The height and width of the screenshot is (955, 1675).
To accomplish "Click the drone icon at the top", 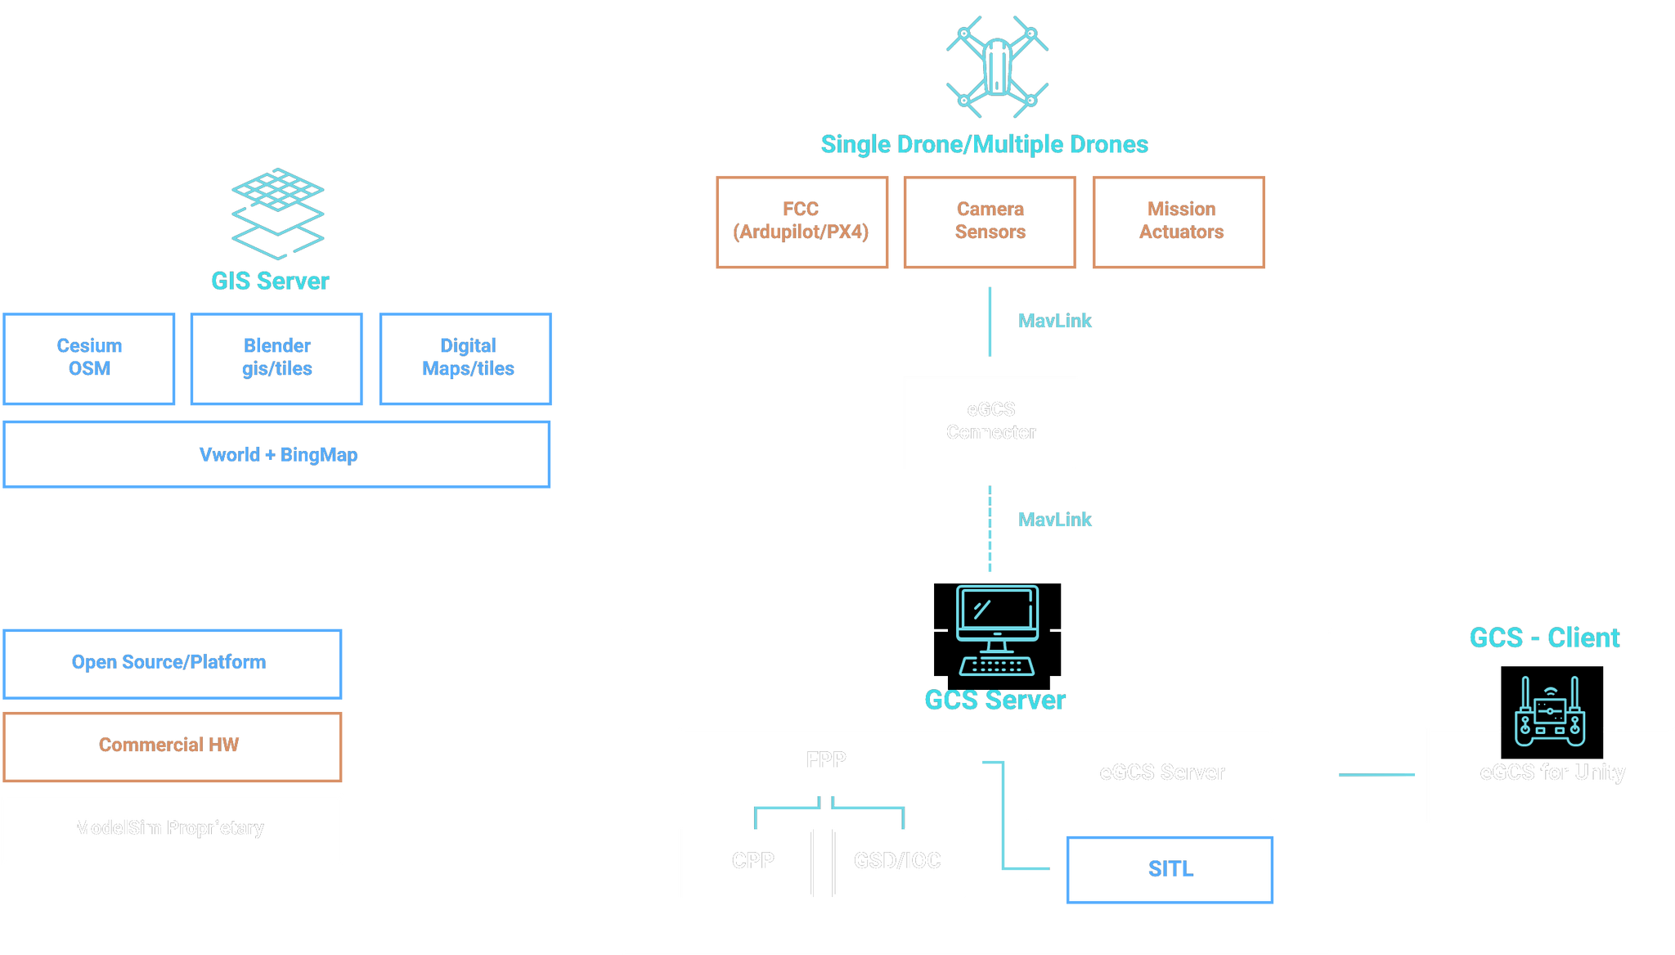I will coord(997,66).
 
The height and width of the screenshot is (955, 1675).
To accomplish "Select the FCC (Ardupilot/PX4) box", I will coord(802,222).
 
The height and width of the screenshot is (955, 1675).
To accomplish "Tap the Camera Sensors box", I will coord(990,222).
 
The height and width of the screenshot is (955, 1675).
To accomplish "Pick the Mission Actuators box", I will coord(1179,222).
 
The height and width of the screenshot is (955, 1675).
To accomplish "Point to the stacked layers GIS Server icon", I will coord(278,213).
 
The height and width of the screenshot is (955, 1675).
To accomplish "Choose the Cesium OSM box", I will coord(89,358).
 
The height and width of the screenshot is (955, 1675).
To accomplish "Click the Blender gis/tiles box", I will coord(276,358).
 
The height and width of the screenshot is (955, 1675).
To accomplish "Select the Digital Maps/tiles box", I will coord(465,358).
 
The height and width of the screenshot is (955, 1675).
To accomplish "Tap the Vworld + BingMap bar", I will coord(277,454).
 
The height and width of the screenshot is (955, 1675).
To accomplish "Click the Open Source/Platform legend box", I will coord(173,663).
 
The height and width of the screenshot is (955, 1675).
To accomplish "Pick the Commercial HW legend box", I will coord(173,746).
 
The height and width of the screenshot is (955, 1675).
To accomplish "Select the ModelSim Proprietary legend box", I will coord(173,829).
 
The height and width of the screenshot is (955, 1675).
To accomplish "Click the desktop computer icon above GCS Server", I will coord(997,629).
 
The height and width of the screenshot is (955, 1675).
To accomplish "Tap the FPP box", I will coord(824,761).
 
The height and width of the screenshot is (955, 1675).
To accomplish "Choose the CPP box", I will coord(746,863).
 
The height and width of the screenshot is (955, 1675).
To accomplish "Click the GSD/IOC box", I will coord(900,863).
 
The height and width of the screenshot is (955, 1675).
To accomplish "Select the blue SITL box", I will coord(1170,869).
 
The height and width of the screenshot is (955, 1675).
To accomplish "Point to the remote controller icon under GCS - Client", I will coord(1550,712).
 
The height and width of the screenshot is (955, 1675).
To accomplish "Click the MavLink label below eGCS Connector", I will coord(1055,520).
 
